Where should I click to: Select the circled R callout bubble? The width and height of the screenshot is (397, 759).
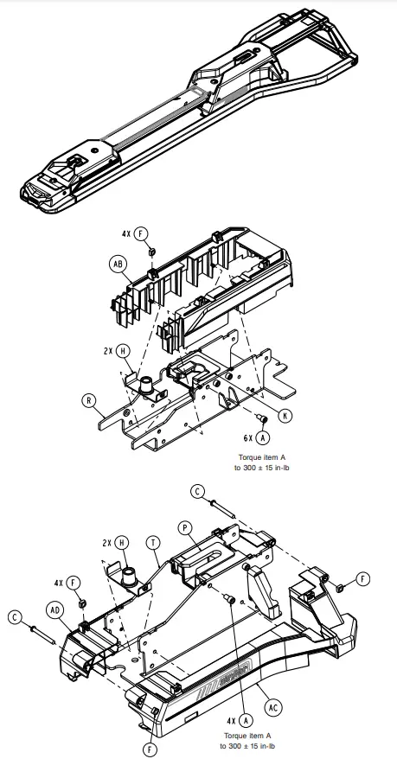[x=89, y=400]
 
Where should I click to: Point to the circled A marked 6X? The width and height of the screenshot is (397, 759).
[x=262, y=439]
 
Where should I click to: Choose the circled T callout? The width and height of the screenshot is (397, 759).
[x=152, y=543]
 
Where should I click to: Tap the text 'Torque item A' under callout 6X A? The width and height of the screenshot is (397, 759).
[x=267, y=457]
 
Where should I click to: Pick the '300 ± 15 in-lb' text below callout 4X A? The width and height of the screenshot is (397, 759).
[x=249, y=745]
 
